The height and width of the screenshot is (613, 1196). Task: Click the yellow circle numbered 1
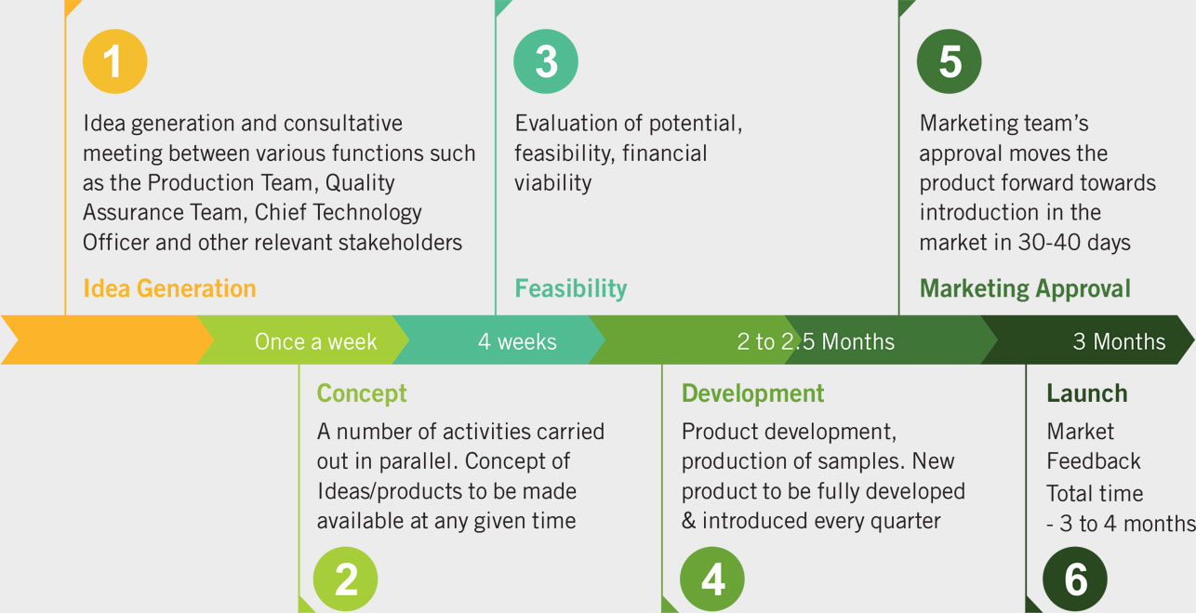[114, 61]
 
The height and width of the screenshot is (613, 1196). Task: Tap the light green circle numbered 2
[345, 579]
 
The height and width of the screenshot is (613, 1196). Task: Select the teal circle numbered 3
[546, 61]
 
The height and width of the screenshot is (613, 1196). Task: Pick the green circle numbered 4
[712, 579]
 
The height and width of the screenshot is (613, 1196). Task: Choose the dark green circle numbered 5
[949, 61]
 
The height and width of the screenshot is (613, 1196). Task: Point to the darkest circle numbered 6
[1075, 579]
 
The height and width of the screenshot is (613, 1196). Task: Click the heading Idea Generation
[169, 288]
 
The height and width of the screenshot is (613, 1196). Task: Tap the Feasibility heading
[571, 289]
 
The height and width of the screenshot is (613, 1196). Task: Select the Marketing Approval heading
[1025, 289]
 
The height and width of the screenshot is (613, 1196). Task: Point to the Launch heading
[1086, 393]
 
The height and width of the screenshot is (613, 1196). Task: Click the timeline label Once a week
[315, 341]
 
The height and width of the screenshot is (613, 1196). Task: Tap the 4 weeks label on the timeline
[517, 341]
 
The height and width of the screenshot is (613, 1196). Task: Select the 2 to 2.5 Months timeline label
[816, 341]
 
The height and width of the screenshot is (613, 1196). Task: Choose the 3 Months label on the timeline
[1119, 341]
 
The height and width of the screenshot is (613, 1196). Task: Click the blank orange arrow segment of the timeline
[107, 340]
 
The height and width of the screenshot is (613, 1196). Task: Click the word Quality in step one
[360, 183]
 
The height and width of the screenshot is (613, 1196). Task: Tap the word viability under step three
[553, 183]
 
